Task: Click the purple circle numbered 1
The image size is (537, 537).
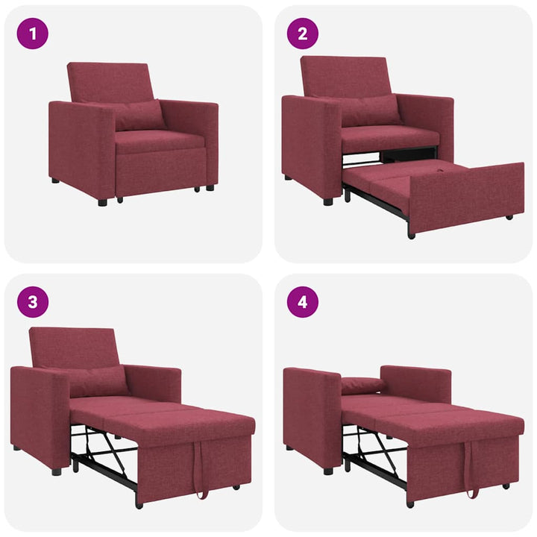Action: point(32,34)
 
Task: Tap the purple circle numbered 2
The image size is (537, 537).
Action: point(303,34)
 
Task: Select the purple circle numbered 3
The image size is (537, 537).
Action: point(32,302)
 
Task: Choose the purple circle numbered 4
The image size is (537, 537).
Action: point(303,302)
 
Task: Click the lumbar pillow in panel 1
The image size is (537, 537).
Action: point(139,116)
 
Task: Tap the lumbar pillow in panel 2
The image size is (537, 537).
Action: point(370,110)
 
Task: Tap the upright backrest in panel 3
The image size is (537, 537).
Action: point(73,346)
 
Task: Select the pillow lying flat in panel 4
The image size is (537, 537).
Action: point(363,386)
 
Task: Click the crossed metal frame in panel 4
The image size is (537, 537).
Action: point(377,451)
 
